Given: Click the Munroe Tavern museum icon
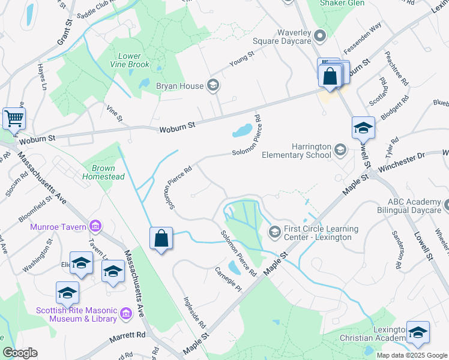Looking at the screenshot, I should [95, 226].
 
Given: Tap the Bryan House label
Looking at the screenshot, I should [179, 86].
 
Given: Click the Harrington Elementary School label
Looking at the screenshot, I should [297, 151].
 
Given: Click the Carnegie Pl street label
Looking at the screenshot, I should [228, 280].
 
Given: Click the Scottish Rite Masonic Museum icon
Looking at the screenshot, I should [125, 313].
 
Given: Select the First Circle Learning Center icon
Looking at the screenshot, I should [274, 231].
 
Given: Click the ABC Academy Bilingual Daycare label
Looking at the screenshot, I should [414, 206].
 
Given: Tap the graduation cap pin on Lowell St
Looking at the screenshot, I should [363, 128].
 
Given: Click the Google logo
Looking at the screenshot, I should [20, 353].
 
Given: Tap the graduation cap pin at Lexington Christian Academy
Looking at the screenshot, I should [418, 333].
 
